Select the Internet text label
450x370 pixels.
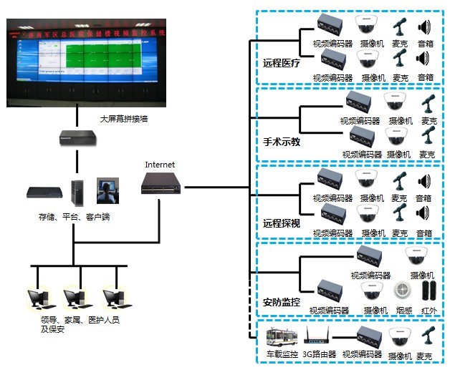(x=160, y=165)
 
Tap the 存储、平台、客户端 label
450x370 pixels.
(x=75, y=216)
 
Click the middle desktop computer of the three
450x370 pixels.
(x=75, y=299)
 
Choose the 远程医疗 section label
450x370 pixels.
(x=282, y=63)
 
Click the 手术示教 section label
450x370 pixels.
(x=282, y=142)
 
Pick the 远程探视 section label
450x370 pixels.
(x=282, y=223)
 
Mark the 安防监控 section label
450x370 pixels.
(x=282, y=302)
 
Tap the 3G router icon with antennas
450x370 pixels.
(x=319, y=336)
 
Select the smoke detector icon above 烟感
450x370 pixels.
(x=401, y=291)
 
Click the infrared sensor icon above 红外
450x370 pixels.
(x=428, y=291)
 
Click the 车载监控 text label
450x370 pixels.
(x=280, y=354)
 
